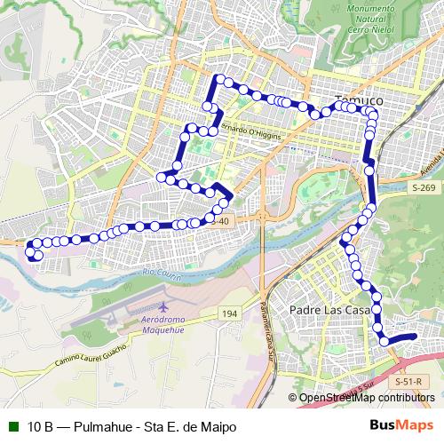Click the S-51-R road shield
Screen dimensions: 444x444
tap(407, 381)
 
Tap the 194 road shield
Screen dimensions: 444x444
tap(230, 313)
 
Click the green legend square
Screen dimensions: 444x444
tap(12, 427)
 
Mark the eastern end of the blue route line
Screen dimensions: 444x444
tap(415, 336)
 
